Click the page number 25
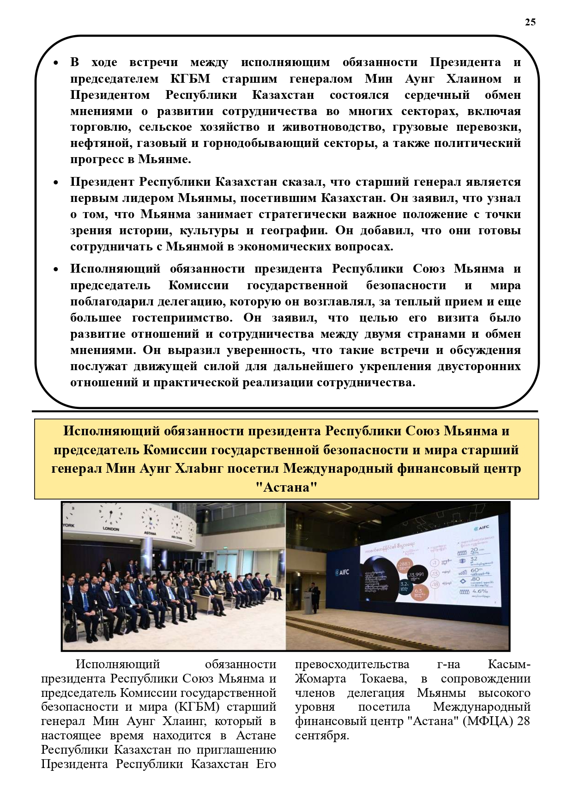click(x=530, y=22)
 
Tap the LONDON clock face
click(x=111, y=515)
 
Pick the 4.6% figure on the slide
click(x=480, y=591)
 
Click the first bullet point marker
click(x=56, y=62)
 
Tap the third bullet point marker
click(x=56, y=269)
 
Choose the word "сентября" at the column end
click(x=321, y=735)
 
